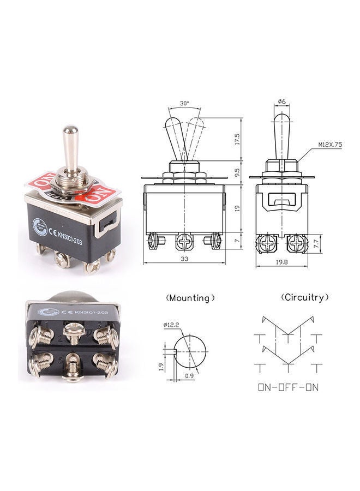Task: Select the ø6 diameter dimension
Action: pyautogui.click(x=281, y=102)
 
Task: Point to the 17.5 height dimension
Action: pyautogui.click(x=237, y=138)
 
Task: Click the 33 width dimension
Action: pyautogui.click(x=184, y=259)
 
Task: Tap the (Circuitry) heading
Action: pyautogui.click(x=305, y=297)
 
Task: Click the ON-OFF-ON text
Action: pyautogui.click(x=289, y=388)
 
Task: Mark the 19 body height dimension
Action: pyautogui.click(x=237, y=208)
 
